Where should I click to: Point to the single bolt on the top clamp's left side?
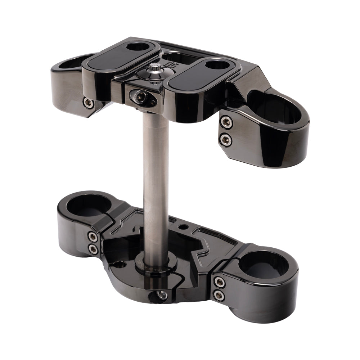click(x=88, y=103)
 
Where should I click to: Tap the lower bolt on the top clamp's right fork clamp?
click(x=226, y=139)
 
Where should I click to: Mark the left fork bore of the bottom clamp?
click(x=89, y=205)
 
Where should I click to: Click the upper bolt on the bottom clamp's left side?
click(x=93, y=237)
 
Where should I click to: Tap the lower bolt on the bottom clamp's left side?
click(x=93, y=249)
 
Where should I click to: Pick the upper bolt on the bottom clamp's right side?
click(x=219, y=282)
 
